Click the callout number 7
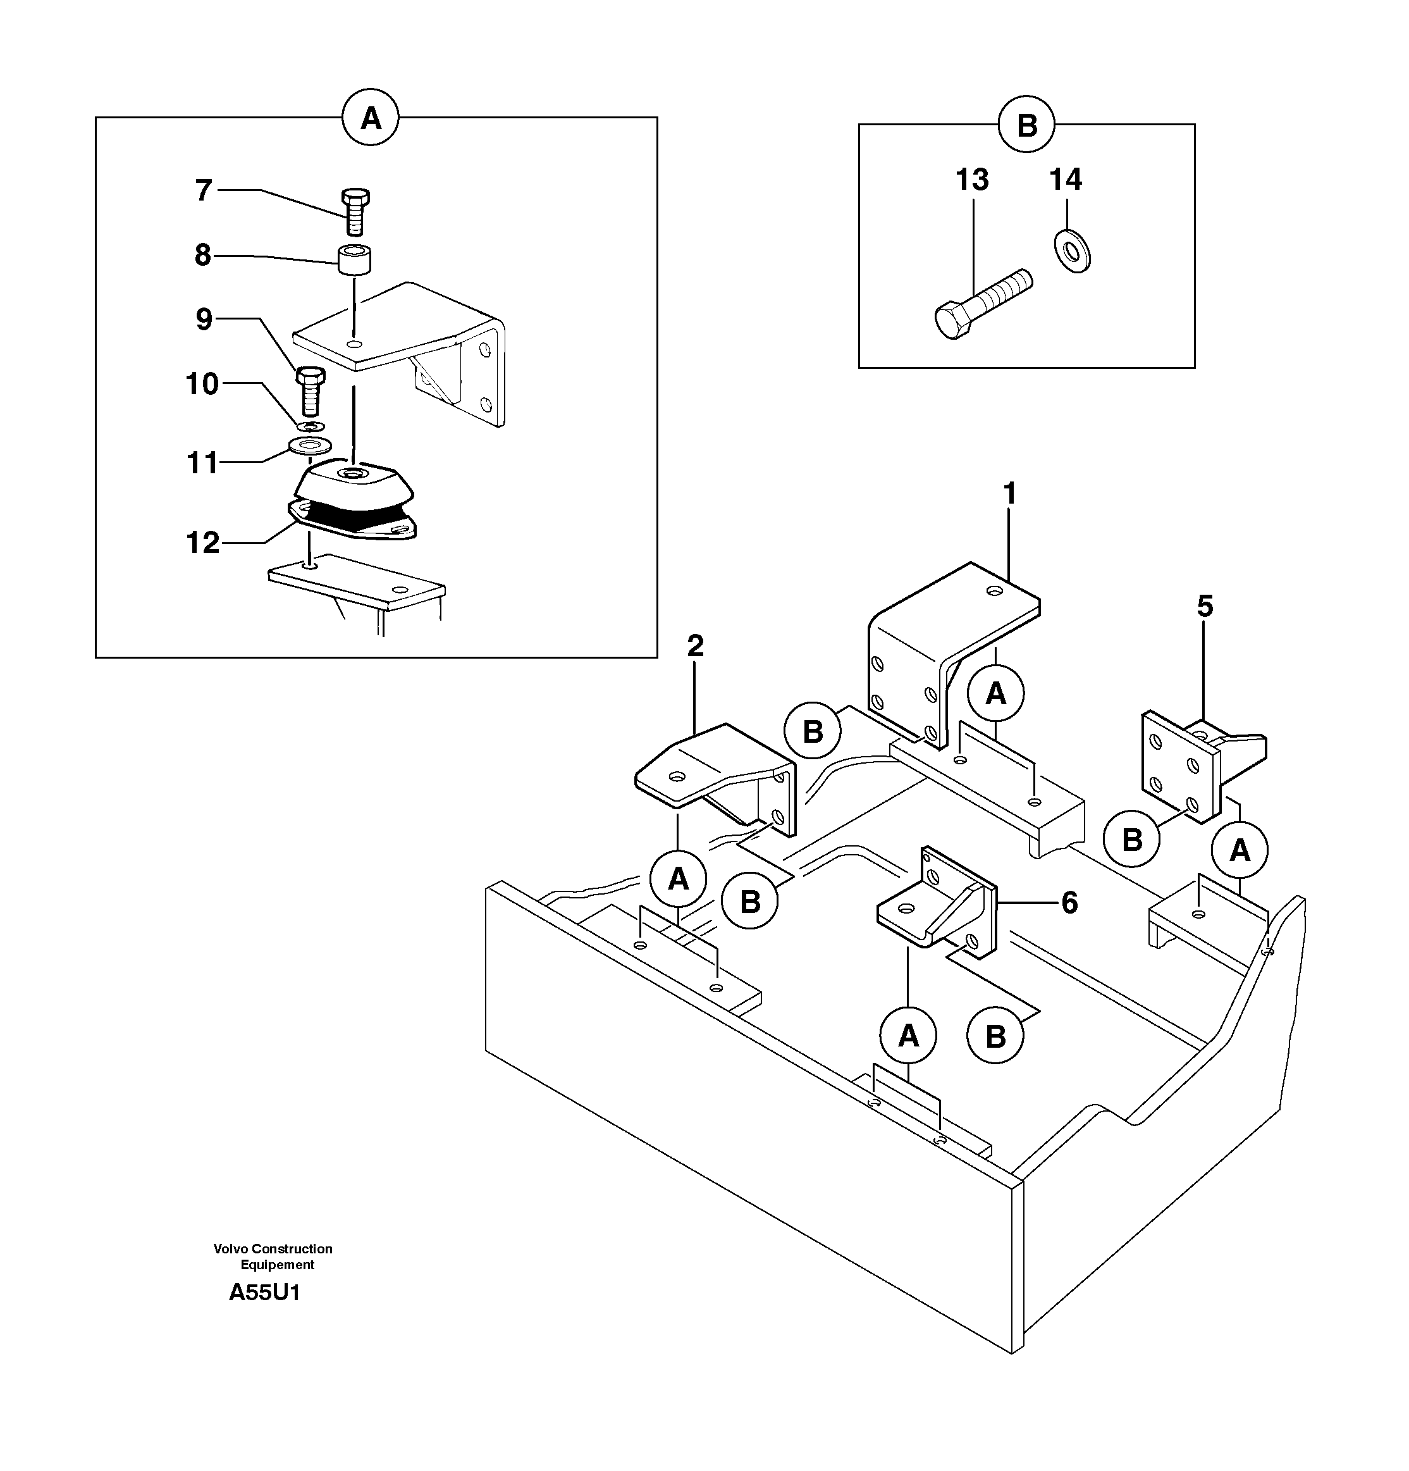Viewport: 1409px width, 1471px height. (x=204, y=190)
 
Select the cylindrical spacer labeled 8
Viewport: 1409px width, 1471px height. (x=354, y=259)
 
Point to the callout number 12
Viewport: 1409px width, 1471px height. (x=202, y=542)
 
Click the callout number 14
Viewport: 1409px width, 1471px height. (x=1066, y=180)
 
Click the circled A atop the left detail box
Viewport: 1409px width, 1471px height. (x=371, y=118)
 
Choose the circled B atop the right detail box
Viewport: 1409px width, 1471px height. (x=1026, y=125)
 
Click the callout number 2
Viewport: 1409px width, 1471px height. (x=696, y=645)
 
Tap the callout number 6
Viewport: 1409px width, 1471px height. (x=1069, y=903)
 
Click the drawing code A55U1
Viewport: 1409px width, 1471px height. (x=264, y=1293)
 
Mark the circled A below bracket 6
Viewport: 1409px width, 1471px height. (x=908, y=1036)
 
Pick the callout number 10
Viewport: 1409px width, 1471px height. (x=202, y=384)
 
